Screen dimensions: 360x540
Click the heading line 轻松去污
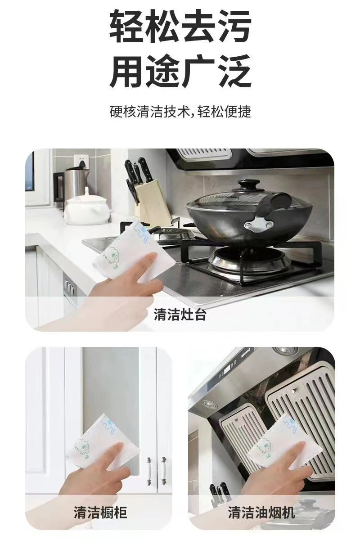click(180, 26)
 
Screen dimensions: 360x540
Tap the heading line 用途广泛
click(180, 71)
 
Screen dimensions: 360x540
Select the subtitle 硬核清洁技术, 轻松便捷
click(180, 112)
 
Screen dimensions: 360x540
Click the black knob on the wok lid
click(245, 185)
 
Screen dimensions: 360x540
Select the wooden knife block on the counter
click(152, 203)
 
